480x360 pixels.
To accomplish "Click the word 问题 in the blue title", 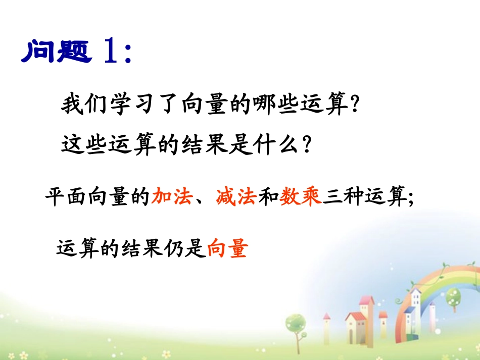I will point(57,51).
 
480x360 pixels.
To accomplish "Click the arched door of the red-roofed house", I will point(351,337).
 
